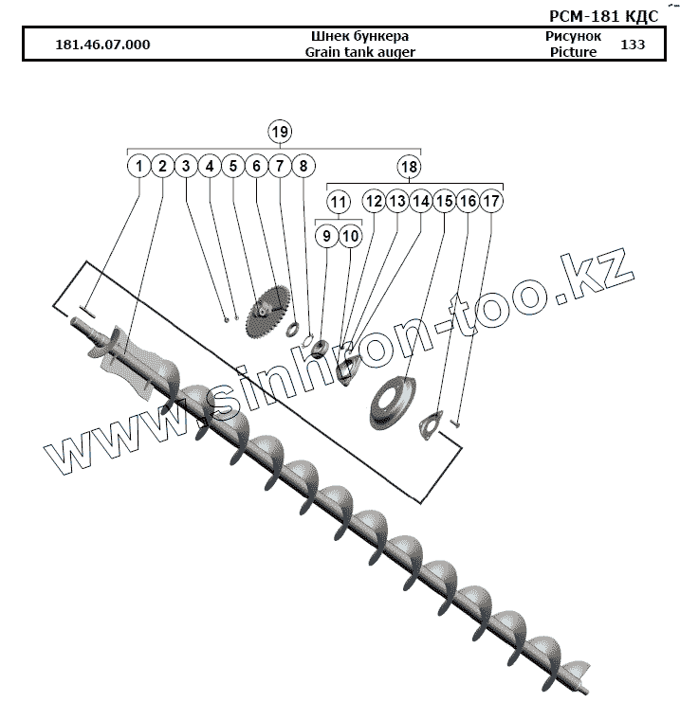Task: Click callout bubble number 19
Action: pyautogui.click(x=279, y=131)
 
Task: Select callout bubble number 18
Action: pyautogui.click(x=409, y=167)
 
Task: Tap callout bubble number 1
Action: pyautogui.click(x=139, y=167)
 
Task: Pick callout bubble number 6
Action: pyautogui.click(x=256, y=167)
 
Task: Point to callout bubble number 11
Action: pyautogui.click(x=339, y=202)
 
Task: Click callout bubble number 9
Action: pyautogui.click(x=326, y=235)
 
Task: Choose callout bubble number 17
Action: pyautogui.click(x=490, y=202)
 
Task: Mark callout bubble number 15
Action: pyautogui.click(x=444, y=202)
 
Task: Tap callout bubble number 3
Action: pyautogui.click(x=186, y=167)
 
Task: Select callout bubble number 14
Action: pyautogui.click(x=420, y=202)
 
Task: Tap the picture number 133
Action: pyautogui.click(x=632, y=45)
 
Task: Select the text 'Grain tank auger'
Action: pyautogui.click(x=360, y=53)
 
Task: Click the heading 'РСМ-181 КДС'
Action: pyautogui.click(x=604, y=16)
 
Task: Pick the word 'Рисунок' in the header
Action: pyautogui.click(x=573, y=36)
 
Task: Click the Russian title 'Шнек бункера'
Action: pyautogui.click(x=360, y=36)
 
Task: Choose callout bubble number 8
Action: pyautogui.click(x=303, y=167)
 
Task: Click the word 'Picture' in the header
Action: pyautogui.click(x=573, y=53)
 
